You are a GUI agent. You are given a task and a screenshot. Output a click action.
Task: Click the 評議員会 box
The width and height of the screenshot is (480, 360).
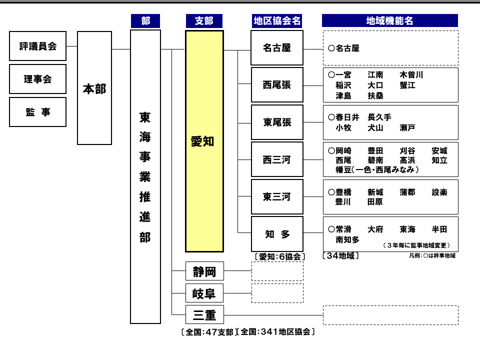(37, 46)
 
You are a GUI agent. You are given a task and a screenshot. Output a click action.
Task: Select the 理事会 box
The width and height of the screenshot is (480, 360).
(37, 79)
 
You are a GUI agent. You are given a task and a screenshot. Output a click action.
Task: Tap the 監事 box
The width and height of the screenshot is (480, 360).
(37, 112)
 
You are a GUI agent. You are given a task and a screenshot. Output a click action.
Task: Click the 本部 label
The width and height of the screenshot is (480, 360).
(94, 89)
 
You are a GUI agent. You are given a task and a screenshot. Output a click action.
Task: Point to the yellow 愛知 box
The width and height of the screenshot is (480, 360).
(204, 141)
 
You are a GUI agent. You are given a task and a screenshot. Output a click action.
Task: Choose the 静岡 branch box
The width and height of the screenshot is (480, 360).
(204, 271)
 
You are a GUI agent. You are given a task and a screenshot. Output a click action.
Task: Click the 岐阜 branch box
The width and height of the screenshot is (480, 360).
(204, 293)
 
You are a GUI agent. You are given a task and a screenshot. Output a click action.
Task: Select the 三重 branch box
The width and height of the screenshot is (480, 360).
(204, 314)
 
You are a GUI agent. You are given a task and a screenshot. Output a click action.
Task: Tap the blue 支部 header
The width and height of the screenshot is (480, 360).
(204, 21)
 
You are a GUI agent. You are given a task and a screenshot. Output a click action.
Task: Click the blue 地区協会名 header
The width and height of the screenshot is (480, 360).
(277, 21)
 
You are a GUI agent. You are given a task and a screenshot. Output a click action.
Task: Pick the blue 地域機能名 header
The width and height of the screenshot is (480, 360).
(389, 20)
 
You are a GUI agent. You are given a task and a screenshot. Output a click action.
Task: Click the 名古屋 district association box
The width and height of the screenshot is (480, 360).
(277, 48)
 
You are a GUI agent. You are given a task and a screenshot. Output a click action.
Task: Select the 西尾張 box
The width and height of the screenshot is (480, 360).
(277, 85)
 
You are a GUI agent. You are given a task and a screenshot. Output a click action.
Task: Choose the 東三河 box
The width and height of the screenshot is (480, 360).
(277, 197)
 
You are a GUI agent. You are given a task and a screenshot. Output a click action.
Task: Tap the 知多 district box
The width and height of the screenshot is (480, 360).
(277, 234)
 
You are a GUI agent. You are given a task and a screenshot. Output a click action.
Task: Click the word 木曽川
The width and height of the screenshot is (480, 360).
(411, 74)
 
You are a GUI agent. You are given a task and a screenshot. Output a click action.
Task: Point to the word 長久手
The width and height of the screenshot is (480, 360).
(379, 117)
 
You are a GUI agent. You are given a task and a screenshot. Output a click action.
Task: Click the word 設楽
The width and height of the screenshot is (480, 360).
(439, 192)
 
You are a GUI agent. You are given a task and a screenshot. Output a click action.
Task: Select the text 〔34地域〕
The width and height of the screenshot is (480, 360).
(340, 255)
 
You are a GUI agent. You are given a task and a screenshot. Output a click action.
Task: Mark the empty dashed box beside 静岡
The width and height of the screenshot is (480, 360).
(277, 271)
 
